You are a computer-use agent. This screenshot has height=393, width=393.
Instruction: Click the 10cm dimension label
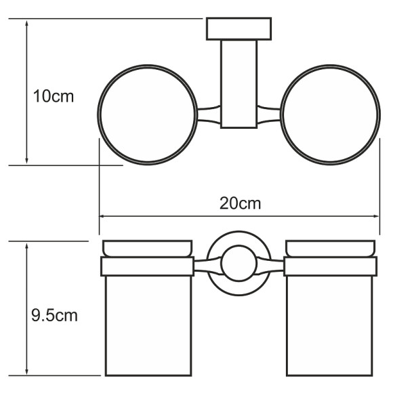coord(54,96)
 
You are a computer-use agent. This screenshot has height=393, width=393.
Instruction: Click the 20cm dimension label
coord(240,203)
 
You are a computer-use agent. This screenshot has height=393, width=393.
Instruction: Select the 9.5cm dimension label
coord(54,315)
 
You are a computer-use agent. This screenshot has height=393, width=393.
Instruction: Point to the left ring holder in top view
coord(98,115)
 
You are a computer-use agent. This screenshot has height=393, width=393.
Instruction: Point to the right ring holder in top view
coord(379,115)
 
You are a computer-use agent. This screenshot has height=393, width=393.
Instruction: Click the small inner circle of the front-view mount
coord(221,264)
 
